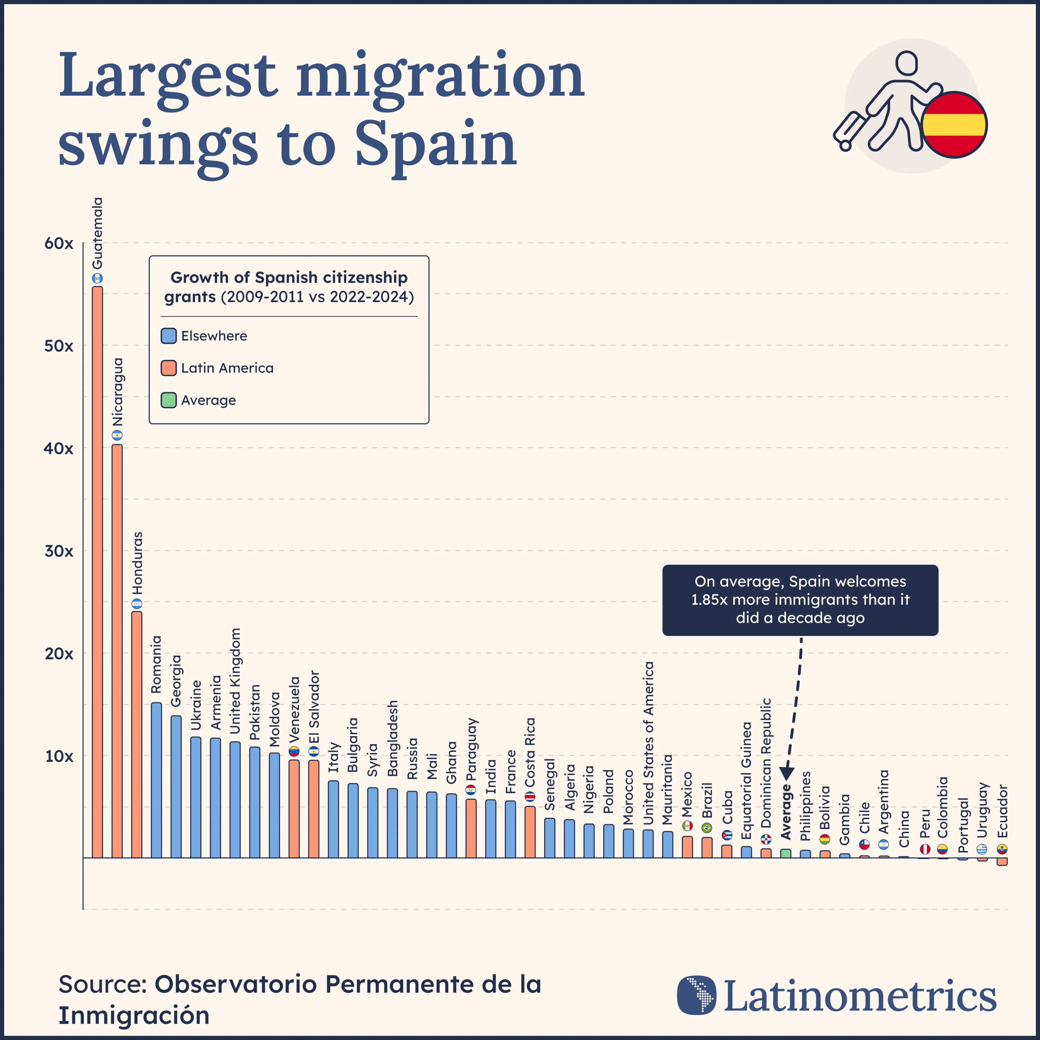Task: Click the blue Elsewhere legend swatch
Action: [168, 336]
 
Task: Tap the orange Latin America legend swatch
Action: [168, 368]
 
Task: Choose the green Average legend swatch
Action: [168, 401]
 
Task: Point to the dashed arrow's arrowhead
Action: [786, 773]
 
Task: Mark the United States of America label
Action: [649, 743]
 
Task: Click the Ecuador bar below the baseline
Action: [1002, 861]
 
